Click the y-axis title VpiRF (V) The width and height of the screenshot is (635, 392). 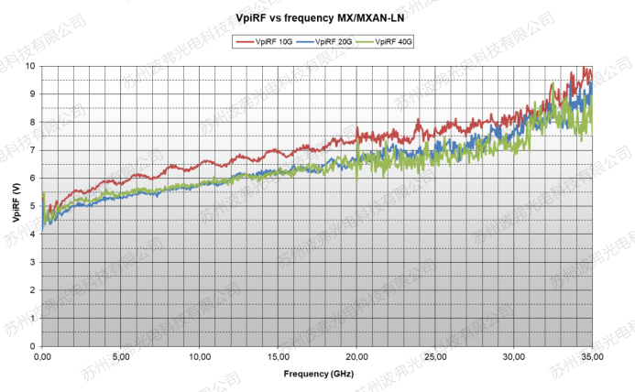(x=16, y=206)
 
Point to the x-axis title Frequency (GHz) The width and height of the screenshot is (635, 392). (x=317, y=374)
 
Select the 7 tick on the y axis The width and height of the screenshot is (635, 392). (x=33, y=150)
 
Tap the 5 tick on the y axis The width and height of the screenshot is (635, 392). (x=33, y=206)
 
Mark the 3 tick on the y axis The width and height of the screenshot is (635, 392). (x=33, y=262)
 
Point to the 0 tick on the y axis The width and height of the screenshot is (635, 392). (x=33, y=346)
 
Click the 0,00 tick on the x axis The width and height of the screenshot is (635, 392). (x=43, y=357)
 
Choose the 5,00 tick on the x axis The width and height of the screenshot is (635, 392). (x=121, y=357)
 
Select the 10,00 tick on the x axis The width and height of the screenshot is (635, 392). (x=200, y=357)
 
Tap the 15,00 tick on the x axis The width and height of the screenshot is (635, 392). (x=279, y=357)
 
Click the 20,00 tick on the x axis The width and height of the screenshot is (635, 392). (x=357, y=357)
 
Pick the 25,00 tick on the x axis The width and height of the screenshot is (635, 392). (x=436, y=357)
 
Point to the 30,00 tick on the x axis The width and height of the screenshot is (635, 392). (x=514, y=357)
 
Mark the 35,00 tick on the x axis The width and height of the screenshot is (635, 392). (x=592, y=357)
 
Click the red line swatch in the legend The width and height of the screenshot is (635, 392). (x=244, y=42)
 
